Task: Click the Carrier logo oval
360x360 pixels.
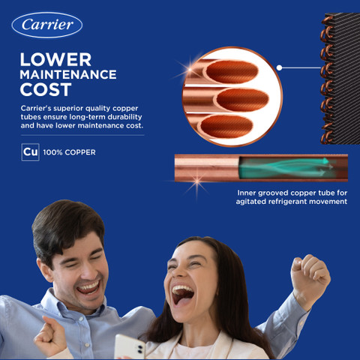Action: coord(47,25)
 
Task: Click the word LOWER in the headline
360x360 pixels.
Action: coord(55,60)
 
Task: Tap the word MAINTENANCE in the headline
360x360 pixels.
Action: coord(68,74)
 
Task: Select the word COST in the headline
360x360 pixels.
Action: coord(46,89)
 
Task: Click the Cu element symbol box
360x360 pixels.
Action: coord(30,152)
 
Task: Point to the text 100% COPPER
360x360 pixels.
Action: coord(69,152)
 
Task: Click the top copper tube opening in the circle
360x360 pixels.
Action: coord(232,72)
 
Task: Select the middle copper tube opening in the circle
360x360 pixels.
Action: coord(242,100)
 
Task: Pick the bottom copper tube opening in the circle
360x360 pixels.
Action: coord(226,127)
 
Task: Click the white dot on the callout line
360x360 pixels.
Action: coord(280,67)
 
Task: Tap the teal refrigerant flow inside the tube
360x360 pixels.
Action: coord(284,167)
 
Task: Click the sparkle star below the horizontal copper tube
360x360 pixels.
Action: coord(197,181)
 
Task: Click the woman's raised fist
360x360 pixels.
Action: coord(309,276)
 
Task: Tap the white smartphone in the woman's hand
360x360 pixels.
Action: coord(130,346)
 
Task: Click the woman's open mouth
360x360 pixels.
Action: coord(182,294)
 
